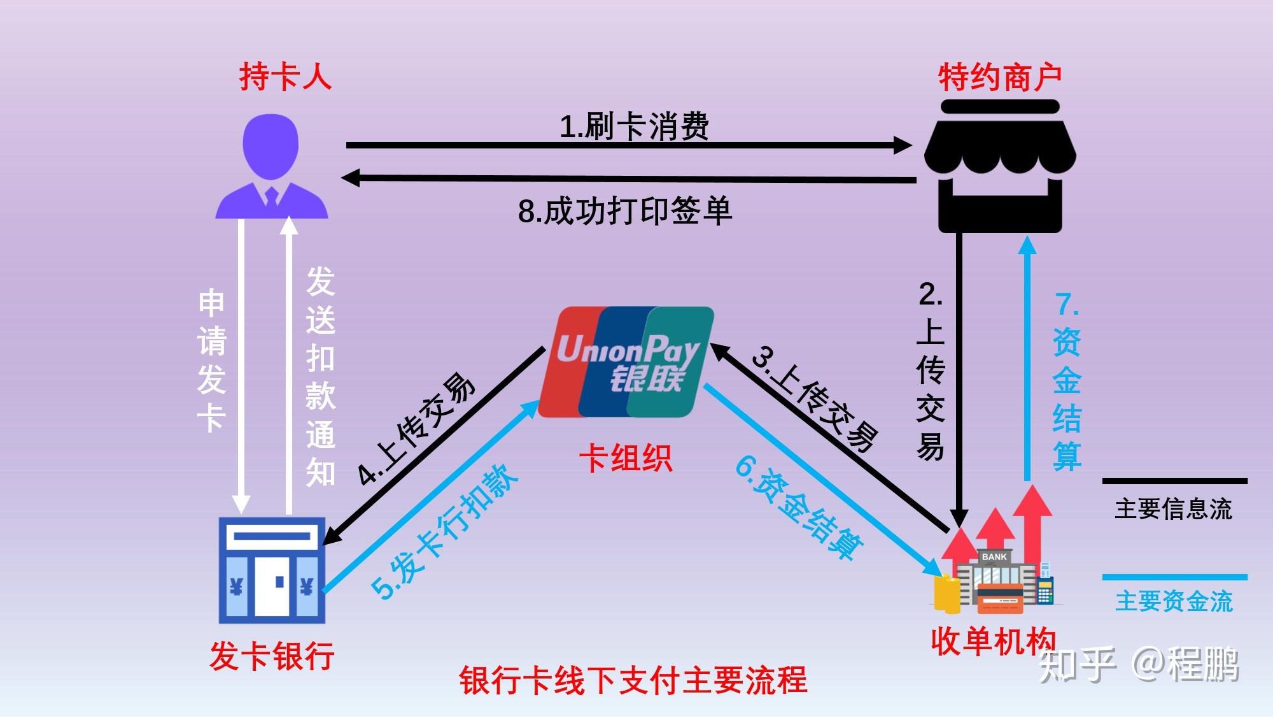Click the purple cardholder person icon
point(272,167)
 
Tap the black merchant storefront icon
point(1000,167)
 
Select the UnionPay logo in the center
point(627,362)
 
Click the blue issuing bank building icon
point(272,570)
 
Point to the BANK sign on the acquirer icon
point(994,557)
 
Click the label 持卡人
point(286,76)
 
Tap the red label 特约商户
point(1000,78)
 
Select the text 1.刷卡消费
point(634,126)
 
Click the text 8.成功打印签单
point(625,211)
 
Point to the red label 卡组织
point(625,458)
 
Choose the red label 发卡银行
point(272,656)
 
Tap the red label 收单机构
point(993,641)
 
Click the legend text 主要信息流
point(1174,509)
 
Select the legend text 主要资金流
point(1174,601)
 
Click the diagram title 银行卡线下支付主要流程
point(633,680)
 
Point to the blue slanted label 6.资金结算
point(799,506)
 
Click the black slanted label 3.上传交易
point(815,398)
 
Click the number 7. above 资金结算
point(1067,305)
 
